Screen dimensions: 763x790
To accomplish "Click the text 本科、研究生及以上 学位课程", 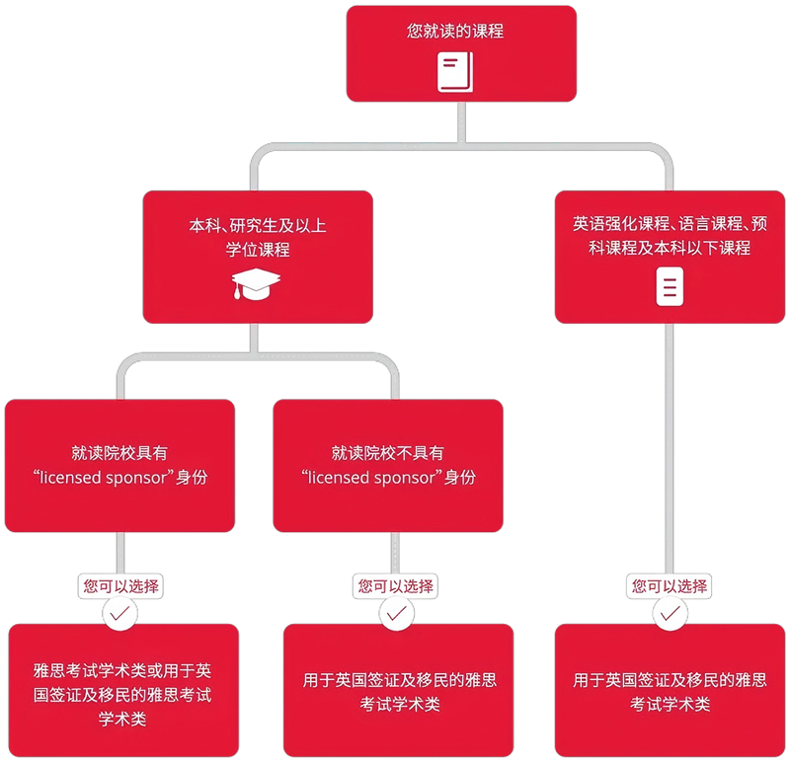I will pyautogui.click(x=257, y=238).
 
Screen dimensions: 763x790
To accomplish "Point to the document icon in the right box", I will pyautogui.click(x=670, y=286).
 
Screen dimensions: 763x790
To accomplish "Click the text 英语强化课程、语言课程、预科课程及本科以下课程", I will pyautogui.click(x=670, y=235).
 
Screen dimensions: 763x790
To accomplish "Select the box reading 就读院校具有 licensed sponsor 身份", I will pyautogui.click(x=119, y=465).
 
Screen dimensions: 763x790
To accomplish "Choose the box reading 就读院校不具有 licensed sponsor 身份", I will pyautogui.click(x=387, y=465).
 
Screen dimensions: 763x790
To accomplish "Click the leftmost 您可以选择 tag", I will pyautogui.click(x=120, y=585).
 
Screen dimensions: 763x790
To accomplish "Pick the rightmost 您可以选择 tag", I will pyautogui.click(x=670, y=585).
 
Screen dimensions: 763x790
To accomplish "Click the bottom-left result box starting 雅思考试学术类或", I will pyautogui.click(x=121, y=691).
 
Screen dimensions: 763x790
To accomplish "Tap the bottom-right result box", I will pyautogui.click(x=670, y=691).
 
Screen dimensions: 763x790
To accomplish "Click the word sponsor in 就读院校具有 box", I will pyautogui.click(x=137, y=478).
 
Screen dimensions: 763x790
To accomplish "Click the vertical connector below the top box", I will pyautogui.click(x=461, y=122).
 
